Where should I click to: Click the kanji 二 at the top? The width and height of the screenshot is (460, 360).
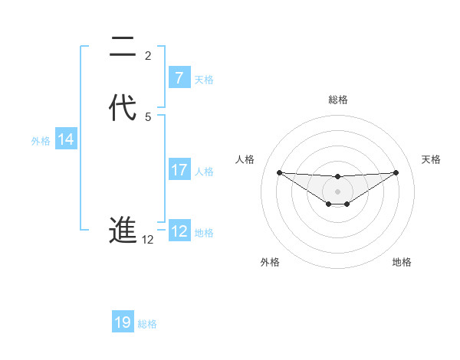[x=123, y=48]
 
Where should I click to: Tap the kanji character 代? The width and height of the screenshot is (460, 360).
[x=123, y=108]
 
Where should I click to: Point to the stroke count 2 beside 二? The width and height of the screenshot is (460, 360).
[x=148, y=56]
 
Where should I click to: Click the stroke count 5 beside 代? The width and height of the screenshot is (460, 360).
[x=148, y=116]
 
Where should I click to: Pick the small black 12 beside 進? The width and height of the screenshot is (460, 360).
[x=148, y=240]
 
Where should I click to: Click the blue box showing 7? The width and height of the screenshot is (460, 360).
[x=179, y=78]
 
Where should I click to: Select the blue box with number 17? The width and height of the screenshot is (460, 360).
[x=179, y=171]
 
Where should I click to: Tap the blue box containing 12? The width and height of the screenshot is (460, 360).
[x=179, y=231]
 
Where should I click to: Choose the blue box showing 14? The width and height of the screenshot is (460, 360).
[x=66, y=139]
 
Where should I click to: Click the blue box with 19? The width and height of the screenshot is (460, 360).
[x=123, y=322]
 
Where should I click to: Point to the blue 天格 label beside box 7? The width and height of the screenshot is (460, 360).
[x=204, y=79]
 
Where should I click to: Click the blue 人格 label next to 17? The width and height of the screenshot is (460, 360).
[x=204, y=172]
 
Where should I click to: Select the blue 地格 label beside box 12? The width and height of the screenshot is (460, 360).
[x=204, y=232]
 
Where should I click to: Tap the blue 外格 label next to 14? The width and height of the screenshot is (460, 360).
[x=41, y=140]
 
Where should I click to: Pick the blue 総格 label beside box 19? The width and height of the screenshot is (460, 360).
[x=147, y=323]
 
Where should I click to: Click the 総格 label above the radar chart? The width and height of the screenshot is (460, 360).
[x=337, y=100]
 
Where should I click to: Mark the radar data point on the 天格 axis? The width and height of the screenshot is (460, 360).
[x=396, y=172]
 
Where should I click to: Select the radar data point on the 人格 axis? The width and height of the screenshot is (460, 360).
[x=279, y=172]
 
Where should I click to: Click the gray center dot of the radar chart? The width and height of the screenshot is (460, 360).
[x=337, y=191]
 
